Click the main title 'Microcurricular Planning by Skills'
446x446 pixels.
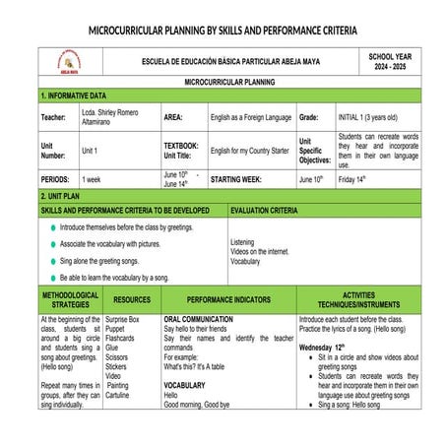click(223, 31)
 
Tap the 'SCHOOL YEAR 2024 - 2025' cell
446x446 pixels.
click(390, 62)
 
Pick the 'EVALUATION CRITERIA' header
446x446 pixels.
click(264, 211)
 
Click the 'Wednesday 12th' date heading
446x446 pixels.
click(327, 348)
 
